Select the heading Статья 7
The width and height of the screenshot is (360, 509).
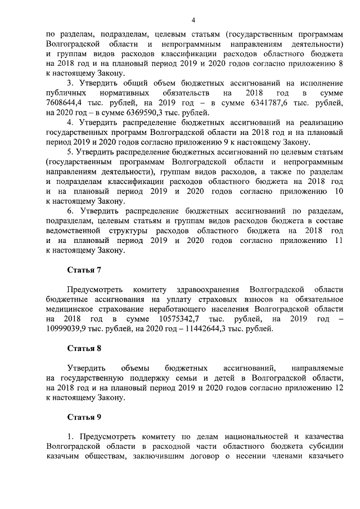pyautogui.click(x=84, y=269)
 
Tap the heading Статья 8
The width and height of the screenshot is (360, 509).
pyautogui.click(x=84, y=348)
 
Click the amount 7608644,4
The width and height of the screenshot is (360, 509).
pyautogui.click(x=67, y=103)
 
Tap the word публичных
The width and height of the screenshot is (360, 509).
pyautogui.click(x=66, y=92)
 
